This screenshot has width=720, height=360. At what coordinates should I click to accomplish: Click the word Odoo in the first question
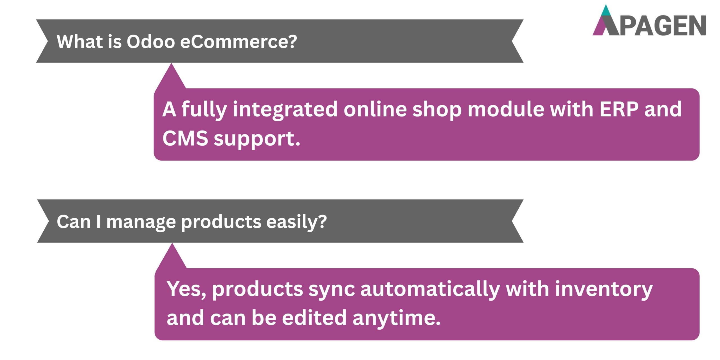click(x=151, y=42)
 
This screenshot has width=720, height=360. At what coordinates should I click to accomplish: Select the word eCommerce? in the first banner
click(x=238, y=42)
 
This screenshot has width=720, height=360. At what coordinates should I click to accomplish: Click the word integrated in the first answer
click(x=285, y=110)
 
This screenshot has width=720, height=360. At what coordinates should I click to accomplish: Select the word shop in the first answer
click(x=437, y=110)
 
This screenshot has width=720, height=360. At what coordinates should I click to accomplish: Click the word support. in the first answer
click(x=257, y=139)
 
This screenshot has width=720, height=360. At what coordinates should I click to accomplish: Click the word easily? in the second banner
click(x=296, y=222)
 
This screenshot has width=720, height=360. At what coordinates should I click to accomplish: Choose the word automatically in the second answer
click(x=430, y=290)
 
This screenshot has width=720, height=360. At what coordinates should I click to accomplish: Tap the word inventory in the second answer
click(x=604, y=290)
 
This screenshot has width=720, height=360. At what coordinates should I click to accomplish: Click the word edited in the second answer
click(x=314, y=318)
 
